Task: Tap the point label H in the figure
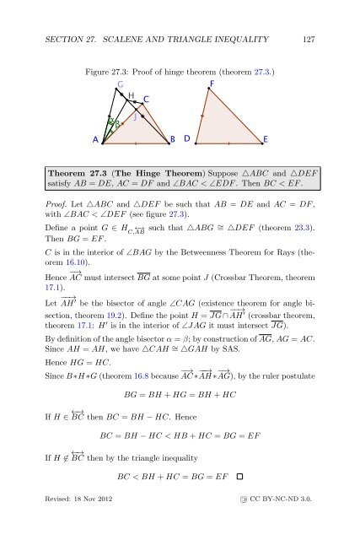point(132,95)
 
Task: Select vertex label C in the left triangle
point(146,100)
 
